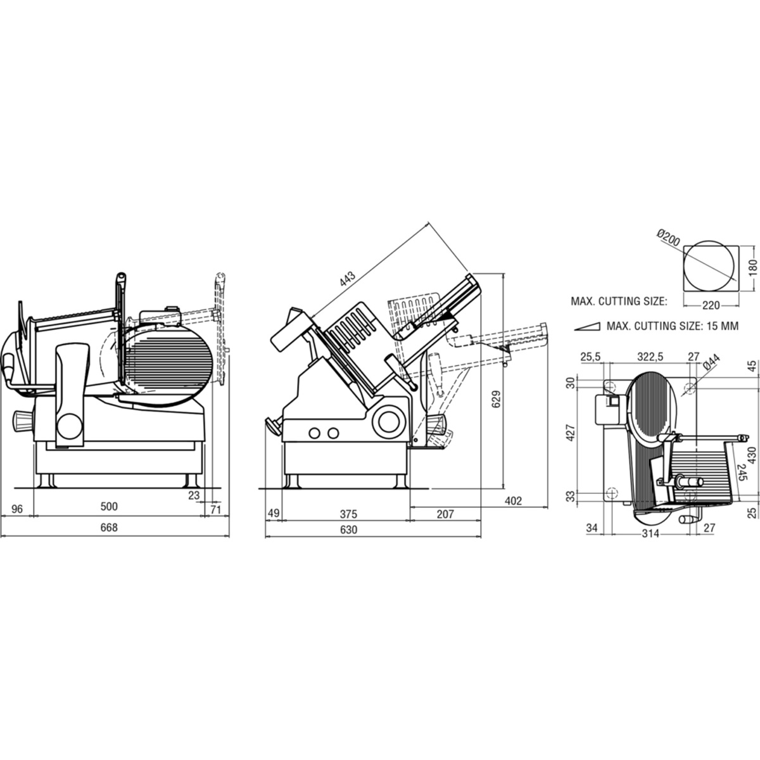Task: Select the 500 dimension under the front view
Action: [x=110, y=507]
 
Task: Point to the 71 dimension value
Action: [x=215, y=509]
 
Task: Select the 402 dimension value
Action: [x=513, y=501]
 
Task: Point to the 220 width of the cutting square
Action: [x=711, y=305]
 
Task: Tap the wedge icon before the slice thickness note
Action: [x=586, y=326]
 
